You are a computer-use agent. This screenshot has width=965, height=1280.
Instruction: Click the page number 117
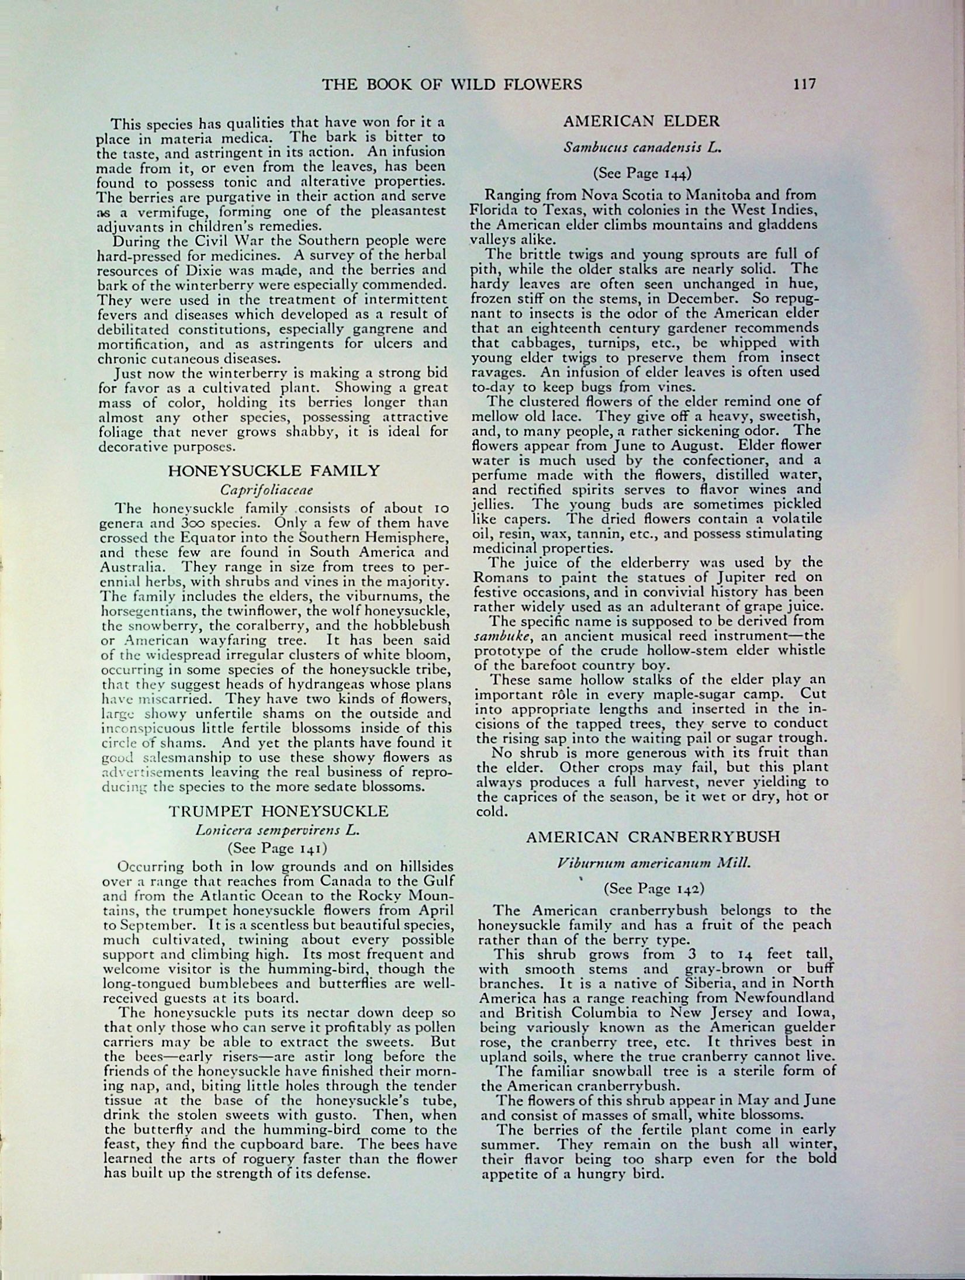tap(804, 84)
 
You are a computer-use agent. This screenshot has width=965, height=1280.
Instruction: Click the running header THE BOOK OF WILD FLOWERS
tap(452, 85)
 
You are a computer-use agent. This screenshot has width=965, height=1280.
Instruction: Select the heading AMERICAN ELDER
tap(641, 122)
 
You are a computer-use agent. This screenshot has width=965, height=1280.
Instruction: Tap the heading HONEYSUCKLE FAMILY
tap(274, 471)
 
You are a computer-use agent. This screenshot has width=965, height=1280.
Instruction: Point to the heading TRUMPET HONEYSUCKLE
tap(278, 811)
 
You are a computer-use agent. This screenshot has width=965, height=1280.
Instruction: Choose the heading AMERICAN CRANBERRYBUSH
tap(653, 836)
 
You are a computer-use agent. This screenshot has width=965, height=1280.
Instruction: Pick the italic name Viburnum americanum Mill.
tap(653, 863)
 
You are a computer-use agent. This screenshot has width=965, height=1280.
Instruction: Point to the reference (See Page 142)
tap(653, 889)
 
